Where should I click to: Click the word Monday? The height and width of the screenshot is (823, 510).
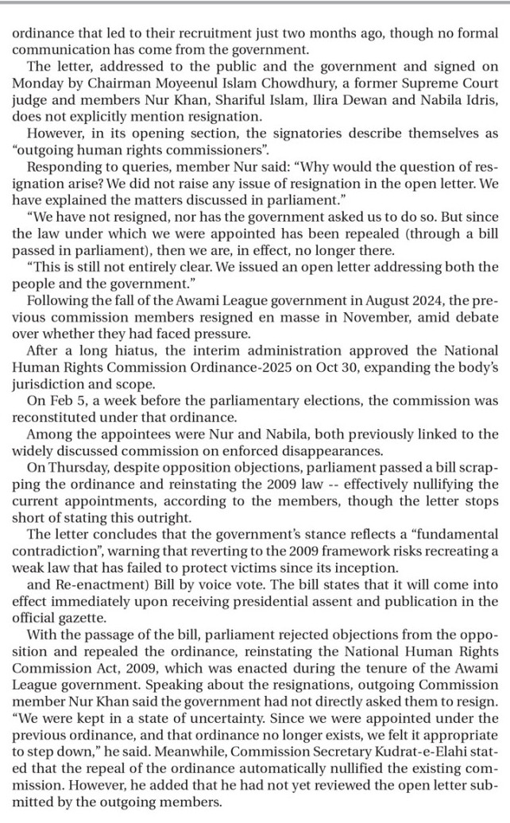click(x=34, y=83)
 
